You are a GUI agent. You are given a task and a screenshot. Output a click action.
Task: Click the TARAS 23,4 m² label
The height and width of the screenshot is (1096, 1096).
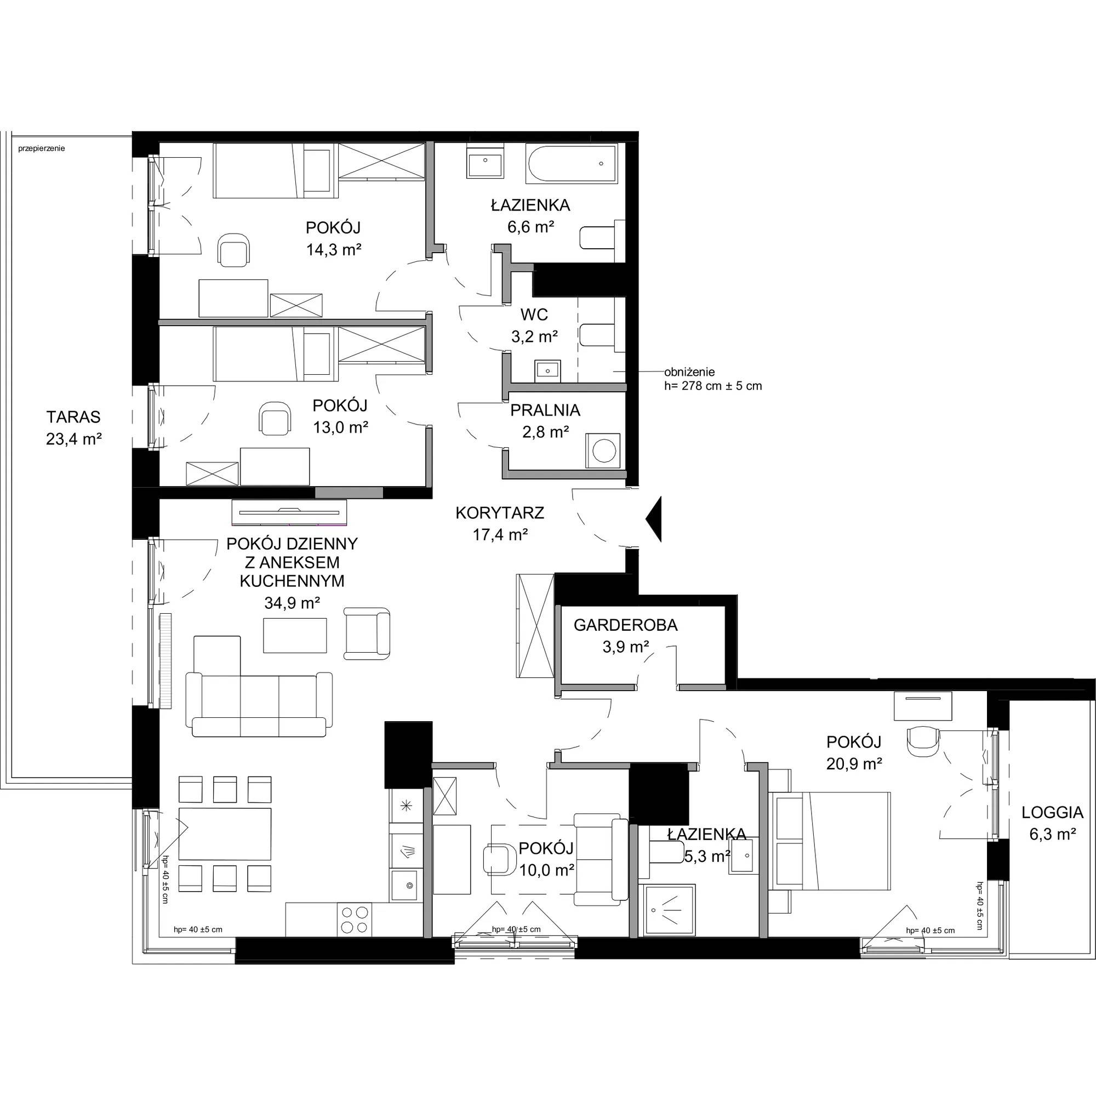tap(74, 428)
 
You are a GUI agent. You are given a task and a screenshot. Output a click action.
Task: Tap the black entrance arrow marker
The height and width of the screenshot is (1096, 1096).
tap(654, 519)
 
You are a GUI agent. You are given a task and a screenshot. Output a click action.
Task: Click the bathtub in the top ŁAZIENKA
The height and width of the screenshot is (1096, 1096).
tap(571, 164)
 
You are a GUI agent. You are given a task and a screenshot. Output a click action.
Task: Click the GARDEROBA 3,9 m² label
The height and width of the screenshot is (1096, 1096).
tap(625, 635)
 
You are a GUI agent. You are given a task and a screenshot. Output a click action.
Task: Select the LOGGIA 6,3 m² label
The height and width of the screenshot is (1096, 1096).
tap(1052, 823)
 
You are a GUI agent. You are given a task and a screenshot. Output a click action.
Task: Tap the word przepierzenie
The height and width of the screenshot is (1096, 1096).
tap(42, 149)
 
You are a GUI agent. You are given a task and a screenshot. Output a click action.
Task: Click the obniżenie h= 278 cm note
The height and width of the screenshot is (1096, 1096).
tap(713, 379)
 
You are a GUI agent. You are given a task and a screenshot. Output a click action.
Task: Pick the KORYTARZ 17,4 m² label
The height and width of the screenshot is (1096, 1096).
tap(500, 523)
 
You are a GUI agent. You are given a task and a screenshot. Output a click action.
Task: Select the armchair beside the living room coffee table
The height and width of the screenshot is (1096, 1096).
tap(367, 633)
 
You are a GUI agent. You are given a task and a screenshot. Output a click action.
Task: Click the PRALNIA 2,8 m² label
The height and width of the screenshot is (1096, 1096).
tap(545, 420)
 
